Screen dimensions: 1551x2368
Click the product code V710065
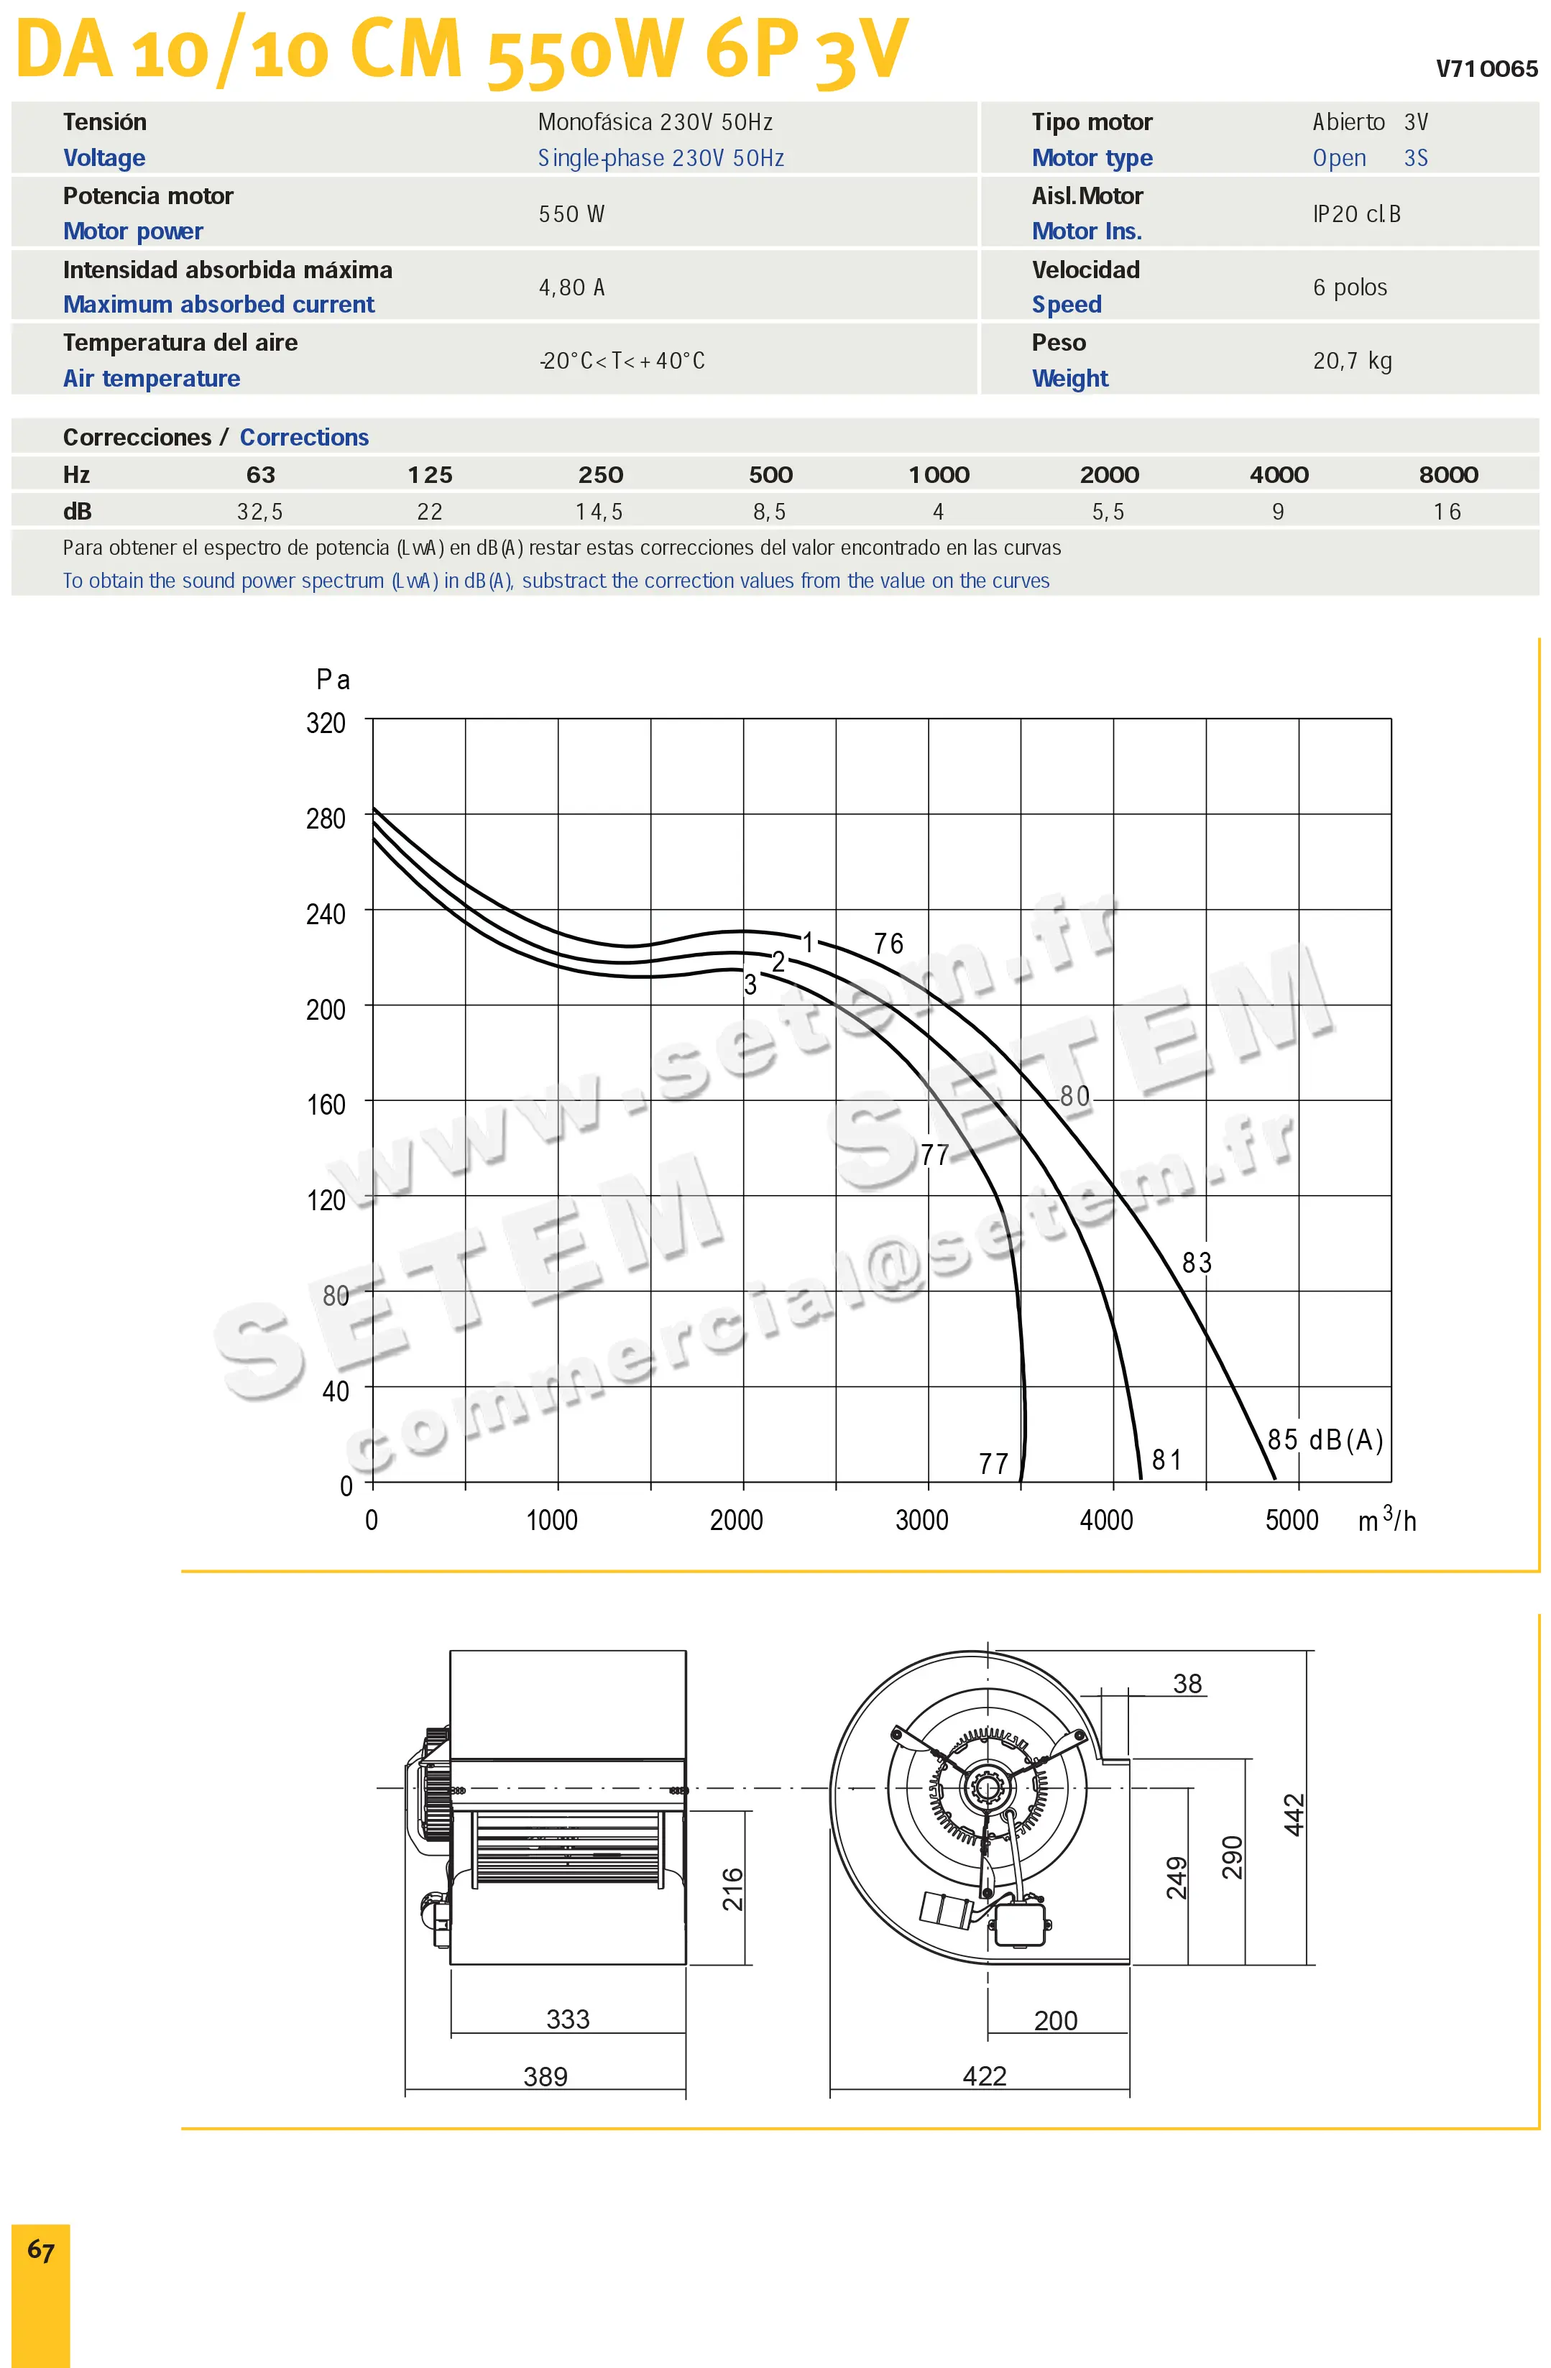click(1486, 69)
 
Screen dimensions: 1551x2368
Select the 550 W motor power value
click(572, 214)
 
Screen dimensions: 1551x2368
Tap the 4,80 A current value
click(572, 287)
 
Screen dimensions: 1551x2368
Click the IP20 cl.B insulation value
click(1357, 214)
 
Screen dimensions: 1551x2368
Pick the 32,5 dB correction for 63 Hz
click(259, 512)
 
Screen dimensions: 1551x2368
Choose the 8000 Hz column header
click(1448, 474)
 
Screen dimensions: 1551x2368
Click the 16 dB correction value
click(1448, 512)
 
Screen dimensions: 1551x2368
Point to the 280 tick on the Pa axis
click(326, 818)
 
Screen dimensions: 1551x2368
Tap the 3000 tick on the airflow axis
click(922, 1520)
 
